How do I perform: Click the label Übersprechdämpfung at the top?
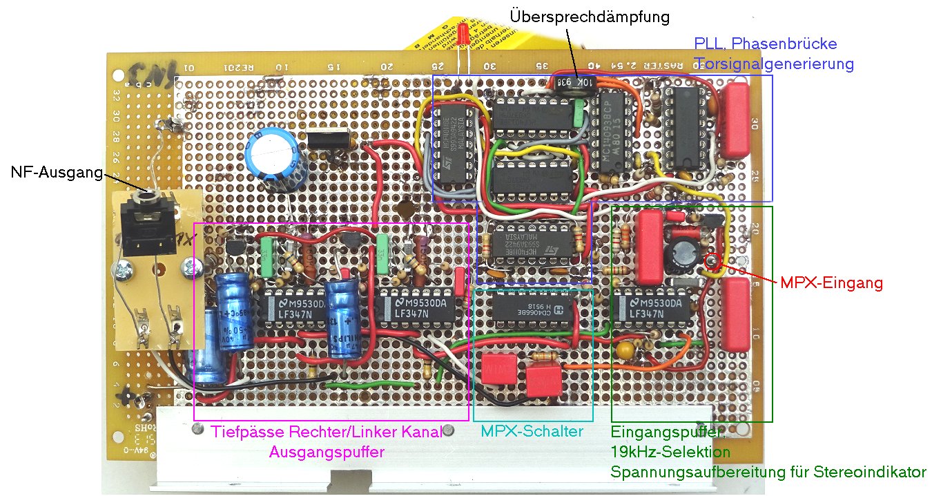(589, 17)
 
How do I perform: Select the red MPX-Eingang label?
(832, 283)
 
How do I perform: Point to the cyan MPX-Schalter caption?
(532, 431)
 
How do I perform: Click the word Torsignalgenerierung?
(774, 64)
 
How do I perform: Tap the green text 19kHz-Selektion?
(670, 452)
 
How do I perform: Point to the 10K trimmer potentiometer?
(573, 82)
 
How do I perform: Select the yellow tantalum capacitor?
(626, 350)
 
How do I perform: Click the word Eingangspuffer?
(666, 432)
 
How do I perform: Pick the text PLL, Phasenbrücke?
(765, 44)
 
